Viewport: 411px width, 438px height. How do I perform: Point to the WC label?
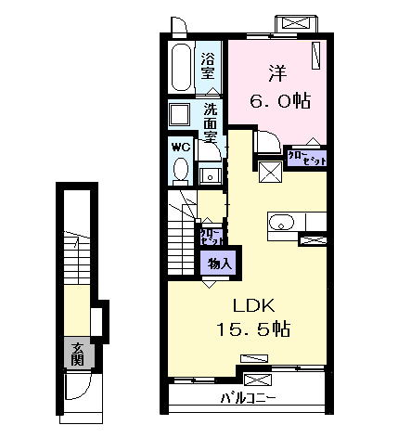(181, 148)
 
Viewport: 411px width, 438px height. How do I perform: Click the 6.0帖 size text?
(276, 98)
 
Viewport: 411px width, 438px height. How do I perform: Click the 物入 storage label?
(220, 263)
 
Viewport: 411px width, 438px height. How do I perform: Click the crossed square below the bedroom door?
(271, 171)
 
